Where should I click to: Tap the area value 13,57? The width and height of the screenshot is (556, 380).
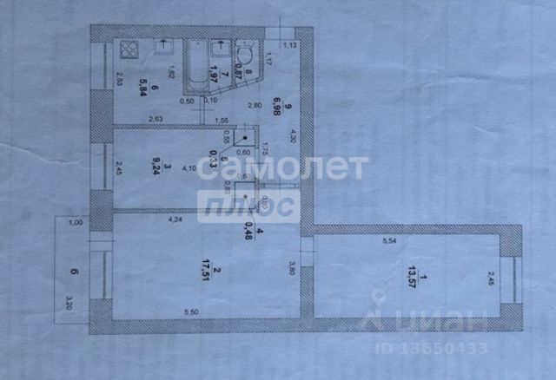410,277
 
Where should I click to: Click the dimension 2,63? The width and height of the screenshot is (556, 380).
156,119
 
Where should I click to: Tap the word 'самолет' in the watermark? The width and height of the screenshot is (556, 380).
282,167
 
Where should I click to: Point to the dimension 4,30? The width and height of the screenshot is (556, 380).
292,136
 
